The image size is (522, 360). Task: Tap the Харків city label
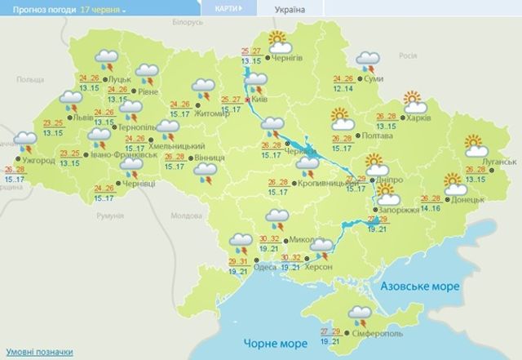(x=418, y=115)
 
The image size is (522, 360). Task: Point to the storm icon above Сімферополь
(x=357, y=313)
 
